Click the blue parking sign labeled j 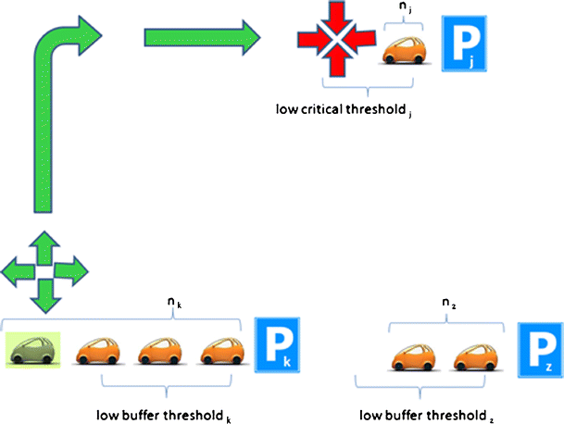pyautogui.click(x=465, y=44)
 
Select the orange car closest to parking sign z pyautogui.click(x=478, y=357)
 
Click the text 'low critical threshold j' pyautogui.click(x=343, y=107)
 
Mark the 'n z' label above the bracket pyautogui.click(x=447, y=304)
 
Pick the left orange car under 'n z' pyautogui.click(x=413, y=357)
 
